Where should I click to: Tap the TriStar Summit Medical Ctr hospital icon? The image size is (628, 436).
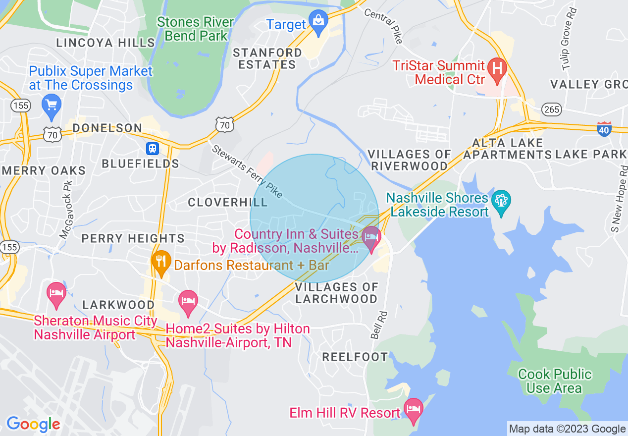497,68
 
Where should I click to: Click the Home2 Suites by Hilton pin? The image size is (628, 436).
188,302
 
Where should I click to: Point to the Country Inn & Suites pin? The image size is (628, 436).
371,238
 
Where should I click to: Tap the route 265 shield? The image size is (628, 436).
551,109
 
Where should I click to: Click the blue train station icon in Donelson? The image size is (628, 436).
152,148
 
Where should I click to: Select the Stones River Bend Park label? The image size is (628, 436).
195,29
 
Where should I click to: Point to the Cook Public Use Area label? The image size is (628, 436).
555,381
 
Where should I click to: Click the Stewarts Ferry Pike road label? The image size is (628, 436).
247,171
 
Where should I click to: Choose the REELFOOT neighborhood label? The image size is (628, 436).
355,357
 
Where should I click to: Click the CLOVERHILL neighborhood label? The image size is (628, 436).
227,202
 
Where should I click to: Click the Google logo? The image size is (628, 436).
33,424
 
